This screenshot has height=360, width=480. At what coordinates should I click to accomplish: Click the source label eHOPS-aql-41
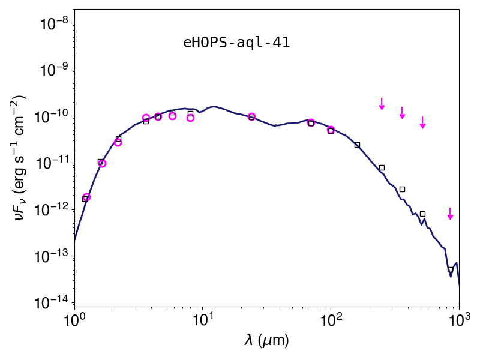pos(236,43)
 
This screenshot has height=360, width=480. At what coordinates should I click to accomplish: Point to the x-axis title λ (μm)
pos(266,340)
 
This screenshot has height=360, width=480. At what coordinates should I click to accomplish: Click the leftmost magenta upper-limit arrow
pos(382,104)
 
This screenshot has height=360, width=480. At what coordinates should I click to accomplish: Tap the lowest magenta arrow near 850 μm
pos(450,214)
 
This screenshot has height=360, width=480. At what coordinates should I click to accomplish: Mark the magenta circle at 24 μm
pos(251,116)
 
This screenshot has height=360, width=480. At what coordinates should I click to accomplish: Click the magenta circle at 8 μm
pos(190,118)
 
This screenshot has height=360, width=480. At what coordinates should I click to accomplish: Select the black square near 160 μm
pos(357,145)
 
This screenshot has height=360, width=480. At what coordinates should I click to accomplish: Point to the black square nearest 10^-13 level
pos(451,269)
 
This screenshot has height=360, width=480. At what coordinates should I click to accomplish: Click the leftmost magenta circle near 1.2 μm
pos(86,197)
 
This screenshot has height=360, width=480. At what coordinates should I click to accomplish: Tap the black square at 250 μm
pos(382,168)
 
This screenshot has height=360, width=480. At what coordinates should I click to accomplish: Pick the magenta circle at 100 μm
pos(331,130)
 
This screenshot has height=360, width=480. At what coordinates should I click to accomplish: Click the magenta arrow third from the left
pos(423,122)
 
